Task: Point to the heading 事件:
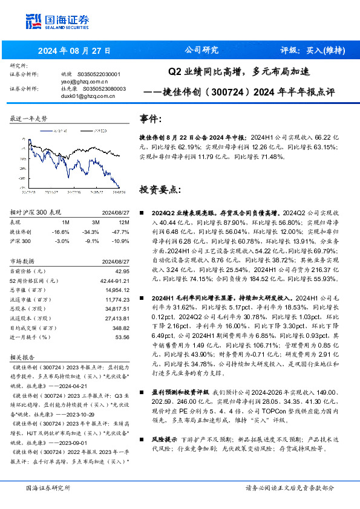pos(151,119)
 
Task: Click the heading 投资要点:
pos(160,189)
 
